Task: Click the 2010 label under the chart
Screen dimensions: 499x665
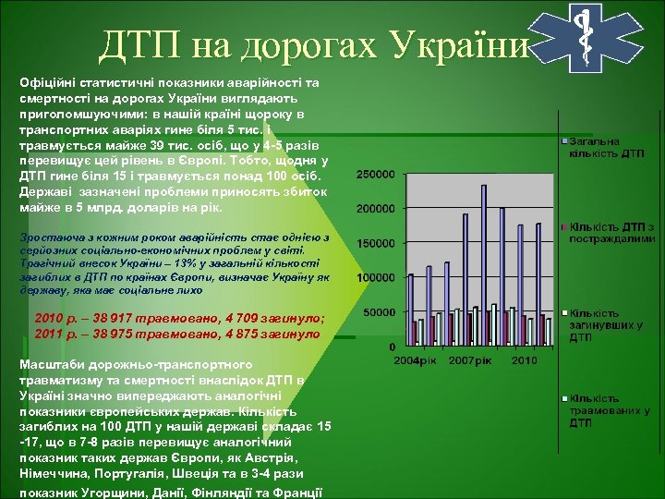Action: [x=525, y=359]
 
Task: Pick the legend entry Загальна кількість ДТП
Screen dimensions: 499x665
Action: [x=606, y=147]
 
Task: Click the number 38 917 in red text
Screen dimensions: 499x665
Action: [x=104, y=318]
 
